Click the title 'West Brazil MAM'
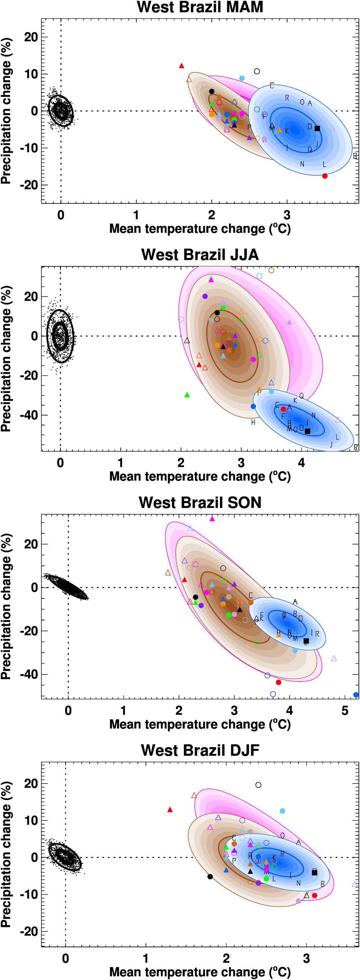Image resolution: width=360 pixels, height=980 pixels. [200, 7]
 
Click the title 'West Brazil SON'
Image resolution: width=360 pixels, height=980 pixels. [200, 502]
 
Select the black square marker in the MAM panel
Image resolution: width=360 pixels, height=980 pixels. [318, 128]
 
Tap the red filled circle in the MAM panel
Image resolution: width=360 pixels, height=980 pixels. [325, 176]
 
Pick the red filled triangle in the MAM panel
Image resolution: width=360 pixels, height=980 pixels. [181, 66]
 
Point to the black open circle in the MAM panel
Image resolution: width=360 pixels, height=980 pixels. [257, 71]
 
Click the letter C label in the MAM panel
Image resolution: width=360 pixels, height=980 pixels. [272, 86]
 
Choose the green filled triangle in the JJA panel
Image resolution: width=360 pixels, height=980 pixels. [187, 395]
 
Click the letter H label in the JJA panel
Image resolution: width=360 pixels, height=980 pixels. [253, 422]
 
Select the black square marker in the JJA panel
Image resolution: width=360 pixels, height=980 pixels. [307, 431]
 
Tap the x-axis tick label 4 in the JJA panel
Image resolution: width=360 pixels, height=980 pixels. [301, 463]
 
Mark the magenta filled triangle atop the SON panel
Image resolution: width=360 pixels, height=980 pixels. [212, 519]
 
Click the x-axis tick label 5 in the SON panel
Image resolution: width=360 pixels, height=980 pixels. [345, 710]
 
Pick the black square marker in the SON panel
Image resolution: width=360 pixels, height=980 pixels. [306, 641]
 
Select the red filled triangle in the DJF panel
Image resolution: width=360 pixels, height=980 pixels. [170, 809]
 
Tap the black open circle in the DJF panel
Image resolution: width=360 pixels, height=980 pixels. [258, 785]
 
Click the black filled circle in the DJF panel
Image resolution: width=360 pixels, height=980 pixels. [210, 876]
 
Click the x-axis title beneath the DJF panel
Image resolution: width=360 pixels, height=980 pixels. [200, 972]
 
